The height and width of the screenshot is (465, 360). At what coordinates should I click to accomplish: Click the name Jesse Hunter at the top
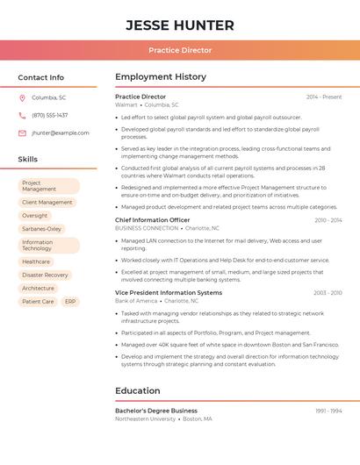click(x=180, y=25)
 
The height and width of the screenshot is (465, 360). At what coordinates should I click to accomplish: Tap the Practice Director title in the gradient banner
click(x=180, y=51)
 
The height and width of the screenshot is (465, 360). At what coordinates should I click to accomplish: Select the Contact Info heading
click(x=41, y=77)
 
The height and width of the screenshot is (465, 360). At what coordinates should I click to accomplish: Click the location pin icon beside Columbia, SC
click(x=22, y=97)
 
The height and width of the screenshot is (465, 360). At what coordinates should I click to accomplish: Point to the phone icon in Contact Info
click(x=22, y=115)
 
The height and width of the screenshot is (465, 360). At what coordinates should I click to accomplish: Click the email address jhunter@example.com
click(x=61, y=132)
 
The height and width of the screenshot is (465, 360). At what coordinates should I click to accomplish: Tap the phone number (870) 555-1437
click(x=50, y=115)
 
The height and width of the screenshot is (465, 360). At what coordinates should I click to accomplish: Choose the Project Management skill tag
click(x=49, y=186)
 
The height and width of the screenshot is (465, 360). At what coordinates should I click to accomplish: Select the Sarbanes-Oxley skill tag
click(x=42, y=228)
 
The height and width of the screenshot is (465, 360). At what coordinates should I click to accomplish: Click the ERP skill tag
click(x=70, y=301)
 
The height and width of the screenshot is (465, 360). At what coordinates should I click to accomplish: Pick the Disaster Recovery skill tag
click(x=45, y=275)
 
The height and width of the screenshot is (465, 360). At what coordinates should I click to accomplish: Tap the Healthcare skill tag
click(x=36, y=261)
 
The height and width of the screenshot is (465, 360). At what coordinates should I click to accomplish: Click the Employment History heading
click(x=161, y=77)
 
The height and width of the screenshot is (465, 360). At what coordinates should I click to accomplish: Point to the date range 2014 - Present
click(x=324, y=97)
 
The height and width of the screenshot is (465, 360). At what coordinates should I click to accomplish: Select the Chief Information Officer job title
click(x=153, y=219)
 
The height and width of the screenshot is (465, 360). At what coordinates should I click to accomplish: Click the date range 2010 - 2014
click(x=328, y=220)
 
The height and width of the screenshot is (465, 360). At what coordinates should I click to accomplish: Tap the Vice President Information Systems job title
click(x=169, y=292)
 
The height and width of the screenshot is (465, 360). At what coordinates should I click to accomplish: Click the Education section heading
click(x=138, y=390)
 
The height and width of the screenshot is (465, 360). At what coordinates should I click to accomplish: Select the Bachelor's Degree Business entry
click(x=156, y=411)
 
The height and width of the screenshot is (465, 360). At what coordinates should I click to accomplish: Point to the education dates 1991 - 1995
click(x=328, y=411)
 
